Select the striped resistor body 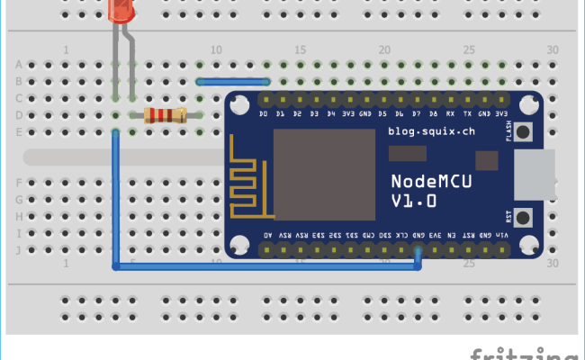click(165, 114)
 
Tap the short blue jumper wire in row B click(233, 80)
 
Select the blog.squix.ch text click(431, 131)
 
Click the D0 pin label click(264, 114)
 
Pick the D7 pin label click(417, 114)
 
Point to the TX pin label click(468, 114)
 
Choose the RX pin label click(451, 114)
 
